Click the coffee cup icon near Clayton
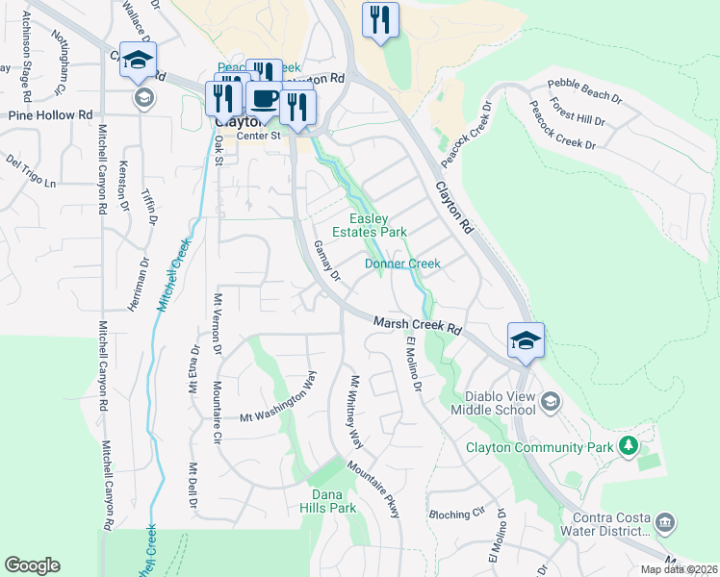[264, 97]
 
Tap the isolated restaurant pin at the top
[380, 19]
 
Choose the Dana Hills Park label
[327, 501]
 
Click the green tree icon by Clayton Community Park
[629, 445]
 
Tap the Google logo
[32, 564]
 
